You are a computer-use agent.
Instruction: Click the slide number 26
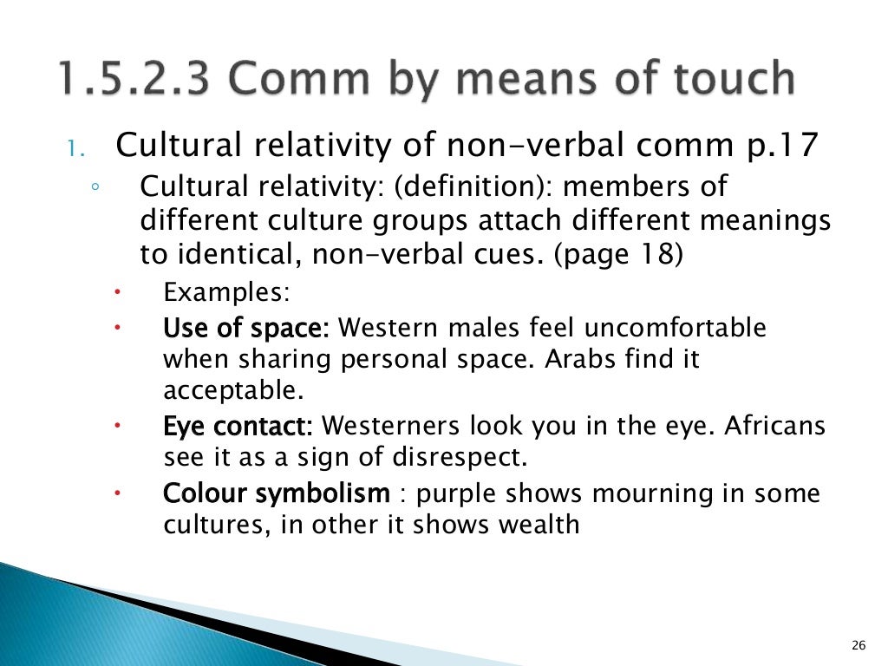(859, 643)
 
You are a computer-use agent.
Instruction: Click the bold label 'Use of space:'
(246, 329)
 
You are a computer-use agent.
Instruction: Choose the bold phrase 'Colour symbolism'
(277, 494)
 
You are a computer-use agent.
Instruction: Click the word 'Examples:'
(226, 291)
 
